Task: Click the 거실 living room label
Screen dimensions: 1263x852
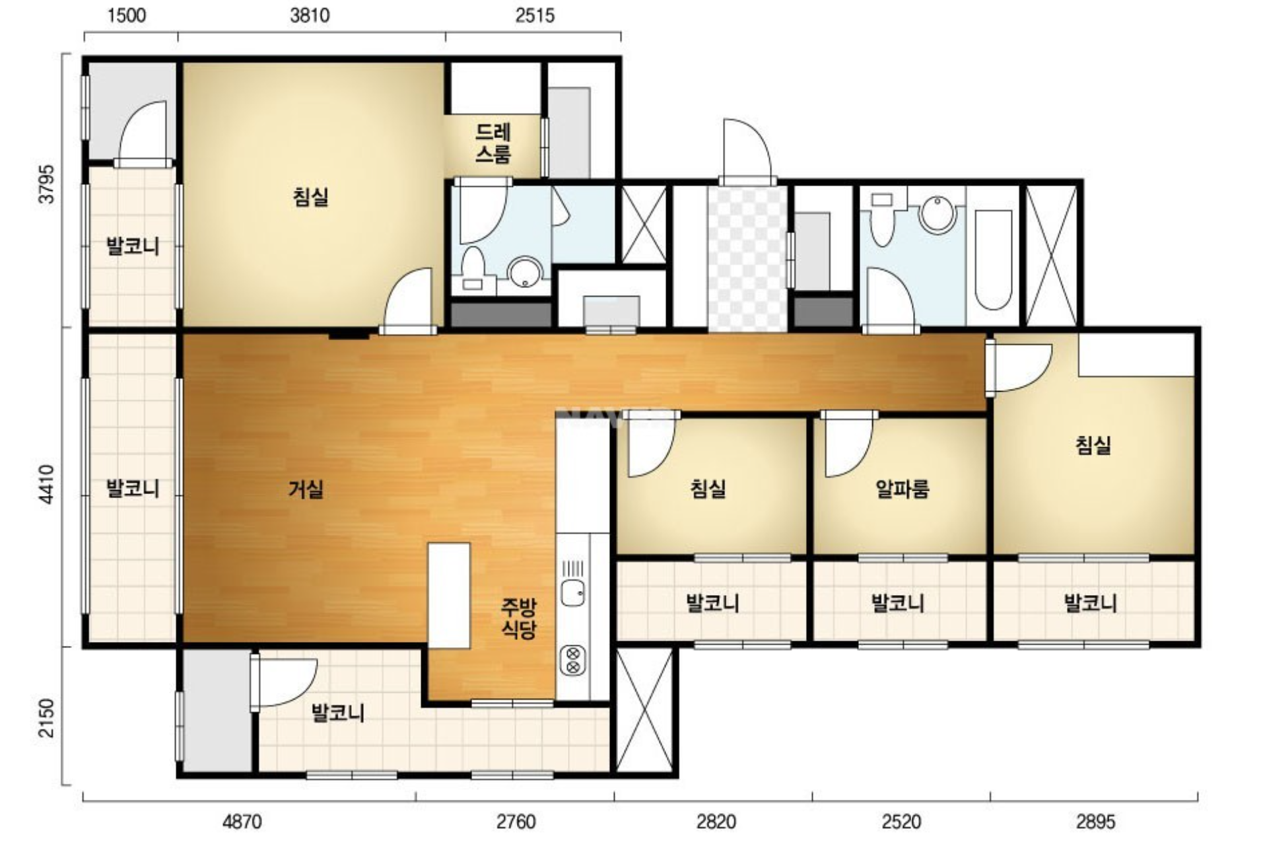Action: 306,489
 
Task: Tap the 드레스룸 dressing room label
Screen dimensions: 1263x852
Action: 493,143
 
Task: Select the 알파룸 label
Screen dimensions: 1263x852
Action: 902,489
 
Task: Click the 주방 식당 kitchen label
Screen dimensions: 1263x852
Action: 518,618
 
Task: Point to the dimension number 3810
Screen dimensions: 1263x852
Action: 310,15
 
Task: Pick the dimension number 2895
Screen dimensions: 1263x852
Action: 1095,822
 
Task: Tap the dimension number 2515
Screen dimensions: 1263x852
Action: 535,15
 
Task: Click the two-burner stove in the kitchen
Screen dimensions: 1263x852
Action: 572,660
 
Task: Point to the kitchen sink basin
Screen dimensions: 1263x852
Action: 572,592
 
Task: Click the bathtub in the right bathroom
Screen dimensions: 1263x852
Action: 993,260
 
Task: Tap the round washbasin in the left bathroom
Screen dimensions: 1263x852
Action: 526,273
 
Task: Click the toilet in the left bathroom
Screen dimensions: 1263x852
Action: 473,269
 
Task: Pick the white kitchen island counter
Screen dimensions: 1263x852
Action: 449,596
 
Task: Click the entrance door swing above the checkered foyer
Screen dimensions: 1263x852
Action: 747,151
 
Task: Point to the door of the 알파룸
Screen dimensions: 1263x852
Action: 848,444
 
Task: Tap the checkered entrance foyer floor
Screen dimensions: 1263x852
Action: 747,258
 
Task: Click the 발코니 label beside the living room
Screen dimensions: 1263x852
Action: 133,489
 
